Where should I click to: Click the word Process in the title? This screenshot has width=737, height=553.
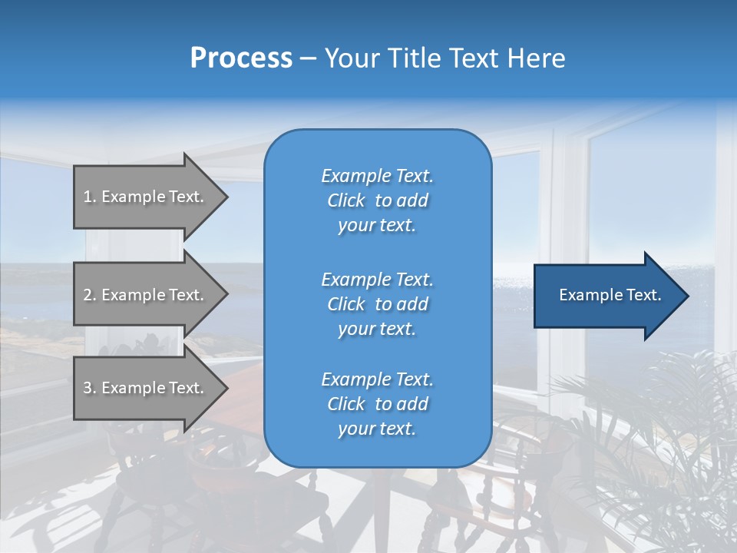point(241,58)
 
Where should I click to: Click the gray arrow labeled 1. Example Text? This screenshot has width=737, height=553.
point(146,197)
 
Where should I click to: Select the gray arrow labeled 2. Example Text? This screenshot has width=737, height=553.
point(146,295)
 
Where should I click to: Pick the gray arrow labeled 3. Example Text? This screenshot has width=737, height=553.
point(146,388)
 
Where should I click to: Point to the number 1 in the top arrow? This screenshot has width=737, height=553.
point(88,197)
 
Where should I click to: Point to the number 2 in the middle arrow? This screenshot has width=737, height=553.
point(88,295)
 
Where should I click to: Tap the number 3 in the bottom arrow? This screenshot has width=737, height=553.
point(88,388)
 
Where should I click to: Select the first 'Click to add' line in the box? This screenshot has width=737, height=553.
point(377,200)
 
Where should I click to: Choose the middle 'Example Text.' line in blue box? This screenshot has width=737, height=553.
point(377,280)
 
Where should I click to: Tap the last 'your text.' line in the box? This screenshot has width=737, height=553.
point(377,429)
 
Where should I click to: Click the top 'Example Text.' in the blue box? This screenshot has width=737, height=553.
point(377,176)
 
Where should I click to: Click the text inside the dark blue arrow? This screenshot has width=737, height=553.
point(610,295)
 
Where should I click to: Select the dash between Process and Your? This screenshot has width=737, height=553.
point(308,58)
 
